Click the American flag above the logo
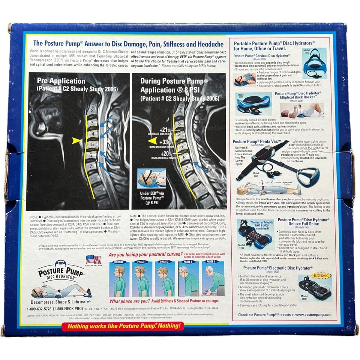click(93, 259)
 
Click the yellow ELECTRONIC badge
click(321, 276)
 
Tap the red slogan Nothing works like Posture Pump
click(123, 326)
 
